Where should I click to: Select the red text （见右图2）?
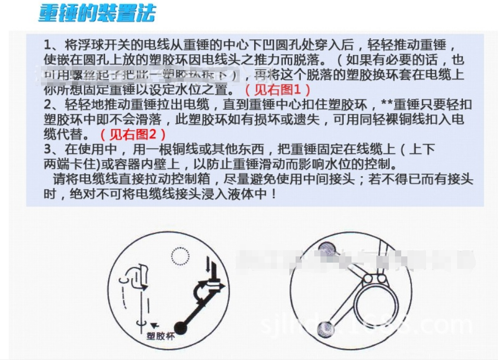pos(133,135)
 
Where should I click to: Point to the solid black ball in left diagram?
pos(180,327)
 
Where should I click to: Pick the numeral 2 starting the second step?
pos(48,104)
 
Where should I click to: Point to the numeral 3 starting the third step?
pos(48,150)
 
